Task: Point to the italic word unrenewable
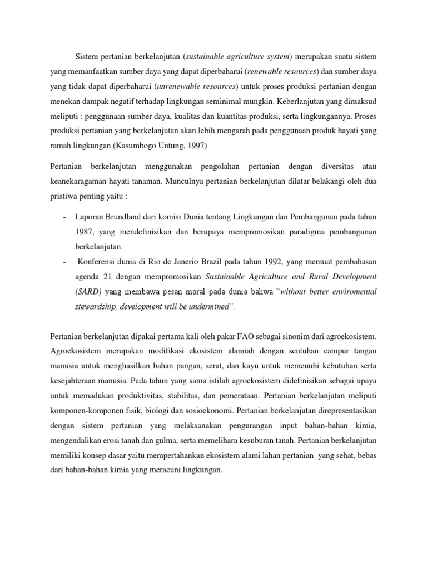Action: point(181,86)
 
